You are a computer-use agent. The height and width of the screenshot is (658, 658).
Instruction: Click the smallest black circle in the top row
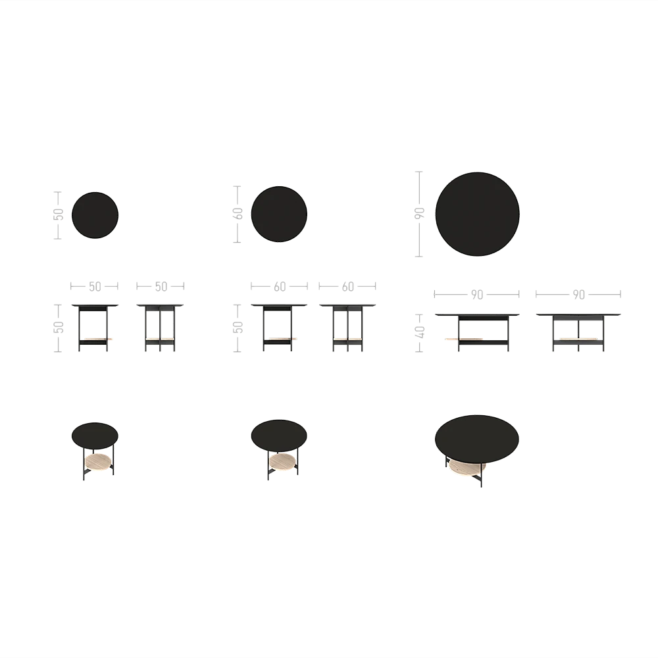click(95, 215)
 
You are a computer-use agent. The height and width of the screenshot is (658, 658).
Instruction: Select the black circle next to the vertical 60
click(279, 214)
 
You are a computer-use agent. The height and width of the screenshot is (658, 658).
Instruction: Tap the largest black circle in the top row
click(477, 214)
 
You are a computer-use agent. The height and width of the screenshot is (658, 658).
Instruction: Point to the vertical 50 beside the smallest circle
click(59, 215)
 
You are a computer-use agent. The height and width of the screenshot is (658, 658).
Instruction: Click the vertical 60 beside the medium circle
click(238, 214)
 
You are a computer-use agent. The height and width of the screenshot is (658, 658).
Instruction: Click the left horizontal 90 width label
click(477, 295)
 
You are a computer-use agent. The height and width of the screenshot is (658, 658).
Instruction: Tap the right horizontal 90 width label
click(578, 295)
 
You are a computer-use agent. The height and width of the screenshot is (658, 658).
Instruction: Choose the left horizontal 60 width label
click(280, 287)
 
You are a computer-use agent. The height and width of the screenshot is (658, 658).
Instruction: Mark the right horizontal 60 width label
click(348, 287)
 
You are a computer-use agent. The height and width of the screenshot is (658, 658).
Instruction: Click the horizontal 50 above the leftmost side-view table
click(95, 287)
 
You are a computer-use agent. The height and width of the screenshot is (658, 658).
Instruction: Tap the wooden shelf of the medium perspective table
click(282, 462)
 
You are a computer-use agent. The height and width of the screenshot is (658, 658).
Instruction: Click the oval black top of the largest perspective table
click(477, 439)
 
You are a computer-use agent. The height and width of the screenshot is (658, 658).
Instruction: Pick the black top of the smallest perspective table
click(95, 436)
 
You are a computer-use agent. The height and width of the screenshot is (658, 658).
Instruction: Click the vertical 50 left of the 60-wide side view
click(238, 328)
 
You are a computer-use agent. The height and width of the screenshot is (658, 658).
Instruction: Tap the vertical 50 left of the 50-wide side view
click(59, 327)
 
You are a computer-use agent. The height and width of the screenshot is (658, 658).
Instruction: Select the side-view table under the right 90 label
click(578, 332)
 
